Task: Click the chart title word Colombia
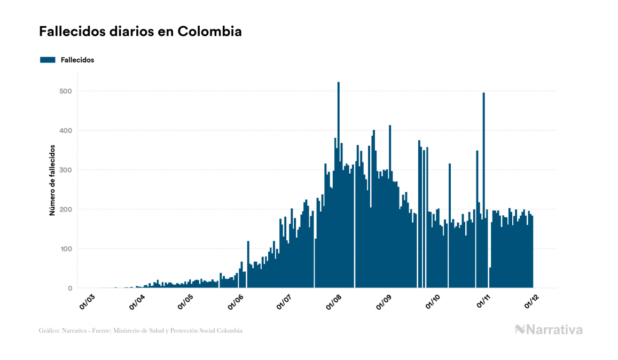(x=209, y=32)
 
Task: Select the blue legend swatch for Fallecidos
(x=48, y=60)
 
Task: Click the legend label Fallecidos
(x=77, y=60)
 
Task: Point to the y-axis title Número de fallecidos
(x=52, y=179)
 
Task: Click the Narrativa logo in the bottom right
(x=549, y=330)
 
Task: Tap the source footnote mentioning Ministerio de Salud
(x=140, y=331)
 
